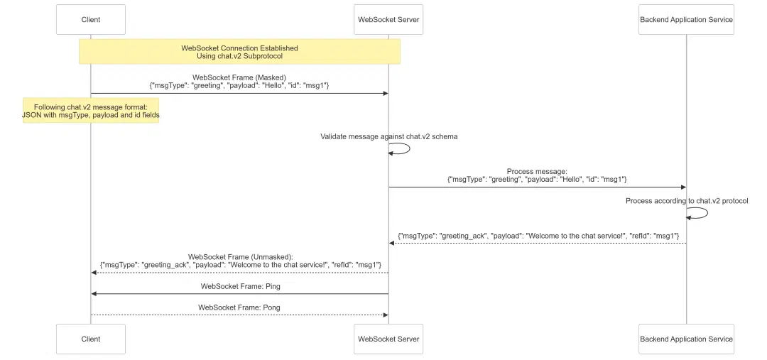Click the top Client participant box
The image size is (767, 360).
click(x=91, y=20)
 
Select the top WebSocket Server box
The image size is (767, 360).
click(x=388, y=20)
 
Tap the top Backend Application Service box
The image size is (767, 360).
click(x=686, y=20)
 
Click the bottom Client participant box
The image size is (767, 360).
click(x=91, y=339)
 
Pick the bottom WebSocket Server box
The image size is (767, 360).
click(x=388, y=339)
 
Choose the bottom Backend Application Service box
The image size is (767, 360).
click(x=686, y=339)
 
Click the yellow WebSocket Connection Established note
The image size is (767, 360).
click(x=239, y=52)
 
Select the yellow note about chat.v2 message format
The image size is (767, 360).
click(x=91, y=111)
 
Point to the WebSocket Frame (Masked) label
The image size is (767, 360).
click(x=239, y=77)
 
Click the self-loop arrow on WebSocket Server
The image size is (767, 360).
click(x=403, y=148)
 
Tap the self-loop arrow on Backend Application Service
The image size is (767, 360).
click(x=700, y=213)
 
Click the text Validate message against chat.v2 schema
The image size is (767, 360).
click(x=388, y=136)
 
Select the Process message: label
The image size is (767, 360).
click(x=537, y=171)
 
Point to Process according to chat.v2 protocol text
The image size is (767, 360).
click(x=686, y=201)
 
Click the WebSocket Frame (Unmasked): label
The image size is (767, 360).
click(x=240, y=256)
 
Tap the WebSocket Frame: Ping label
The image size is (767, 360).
click(x=239, y=286)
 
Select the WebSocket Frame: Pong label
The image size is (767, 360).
click(x=239, y=307)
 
